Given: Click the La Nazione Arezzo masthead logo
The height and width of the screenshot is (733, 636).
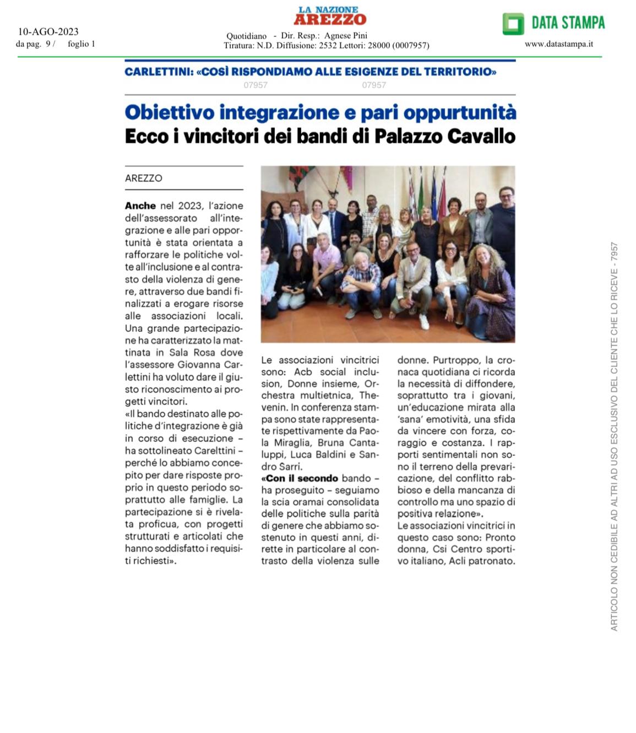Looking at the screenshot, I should [x=330, y=16].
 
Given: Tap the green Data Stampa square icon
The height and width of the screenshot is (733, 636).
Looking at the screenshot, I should [x=513, y=23].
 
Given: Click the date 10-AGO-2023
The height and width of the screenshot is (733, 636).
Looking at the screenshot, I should [x=48, y=31].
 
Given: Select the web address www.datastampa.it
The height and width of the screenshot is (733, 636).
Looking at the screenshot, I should [x=559, y=44].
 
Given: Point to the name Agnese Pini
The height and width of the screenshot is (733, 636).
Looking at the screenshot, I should [x=346, y=36].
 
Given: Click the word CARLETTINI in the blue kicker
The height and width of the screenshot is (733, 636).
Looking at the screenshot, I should [x=158, y=72].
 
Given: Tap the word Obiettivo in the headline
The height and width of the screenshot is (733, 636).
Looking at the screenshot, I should [x=170, y=112].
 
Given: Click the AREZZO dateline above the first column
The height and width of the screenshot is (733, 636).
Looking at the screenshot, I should [x=144, y=178].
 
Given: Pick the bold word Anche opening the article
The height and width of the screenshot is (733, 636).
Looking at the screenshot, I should [x=140, y=206].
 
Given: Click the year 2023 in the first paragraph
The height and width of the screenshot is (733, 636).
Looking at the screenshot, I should [x=190, y=206].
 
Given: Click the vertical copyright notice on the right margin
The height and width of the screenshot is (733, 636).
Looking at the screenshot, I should [x=615, y=435].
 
